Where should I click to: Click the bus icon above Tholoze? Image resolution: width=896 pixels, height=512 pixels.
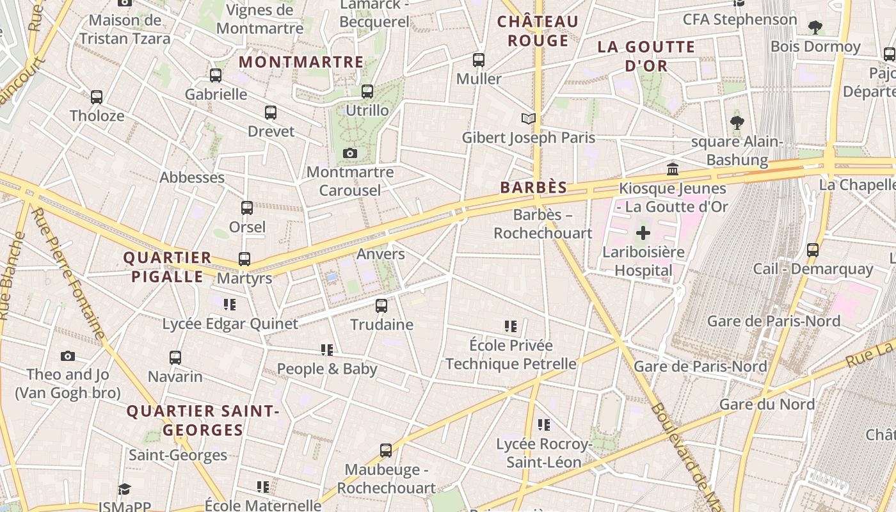(x=97, y=97)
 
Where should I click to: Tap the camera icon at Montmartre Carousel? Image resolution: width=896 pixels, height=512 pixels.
(x=349, y=153)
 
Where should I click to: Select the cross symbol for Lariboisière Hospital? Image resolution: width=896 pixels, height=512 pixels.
(x=643, y=234)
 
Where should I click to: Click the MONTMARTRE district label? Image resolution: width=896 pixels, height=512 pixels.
(x=301, y=62)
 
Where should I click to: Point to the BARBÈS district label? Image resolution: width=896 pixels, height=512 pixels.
(x=534, y=188)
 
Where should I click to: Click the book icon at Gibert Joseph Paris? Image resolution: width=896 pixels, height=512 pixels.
(x=528, y=118)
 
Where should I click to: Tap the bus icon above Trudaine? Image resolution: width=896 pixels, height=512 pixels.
(x=381, y=305)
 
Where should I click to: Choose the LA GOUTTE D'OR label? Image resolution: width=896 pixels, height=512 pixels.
(x=646, y=56)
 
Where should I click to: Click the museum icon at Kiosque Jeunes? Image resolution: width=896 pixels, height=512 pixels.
(x=673, y=170)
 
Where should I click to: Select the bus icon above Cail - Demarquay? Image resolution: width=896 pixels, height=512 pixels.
(x=813, y=250)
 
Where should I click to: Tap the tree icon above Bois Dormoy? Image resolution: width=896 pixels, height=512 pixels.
(x=815, y=28)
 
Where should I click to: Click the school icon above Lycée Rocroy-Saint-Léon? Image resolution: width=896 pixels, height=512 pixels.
(x=544, y=424)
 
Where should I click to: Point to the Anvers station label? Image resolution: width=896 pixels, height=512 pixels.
(x=381, y=254)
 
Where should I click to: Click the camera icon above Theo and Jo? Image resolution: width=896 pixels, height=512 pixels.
(x=68, y=356)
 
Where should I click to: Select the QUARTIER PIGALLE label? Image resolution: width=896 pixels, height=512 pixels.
(x=167, y=267)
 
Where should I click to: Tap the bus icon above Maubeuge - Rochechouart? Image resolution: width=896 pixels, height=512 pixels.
(x=386, y=450)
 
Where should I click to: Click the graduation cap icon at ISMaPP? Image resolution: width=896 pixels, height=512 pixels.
(x=124, y=489)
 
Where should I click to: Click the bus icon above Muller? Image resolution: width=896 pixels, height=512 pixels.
(x=479, y=60)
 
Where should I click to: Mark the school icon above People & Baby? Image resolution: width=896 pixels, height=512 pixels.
(x=327, y=349)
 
